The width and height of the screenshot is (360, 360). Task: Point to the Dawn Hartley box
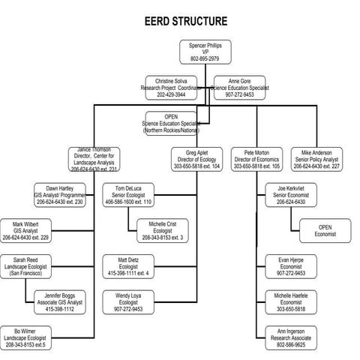pyautogui.click(x=59, y=194)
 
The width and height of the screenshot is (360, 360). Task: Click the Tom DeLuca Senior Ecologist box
pyautogui.click(x=129, y=194)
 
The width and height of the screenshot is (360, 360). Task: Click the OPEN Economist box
pyautogui.click(x=325, y=230)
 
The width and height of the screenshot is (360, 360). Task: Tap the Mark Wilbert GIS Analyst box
pyautogui.click(x=25, y=230)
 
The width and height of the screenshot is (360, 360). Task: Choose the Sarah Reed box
pyautogui.click(x=25, y=266)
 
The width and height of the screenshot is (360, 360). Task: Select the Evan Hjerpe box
pyautogui.click(x=292, y=266)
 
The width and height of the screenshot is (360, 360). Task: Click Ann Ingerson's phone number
pyautogui.click(x=292, y=344)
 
